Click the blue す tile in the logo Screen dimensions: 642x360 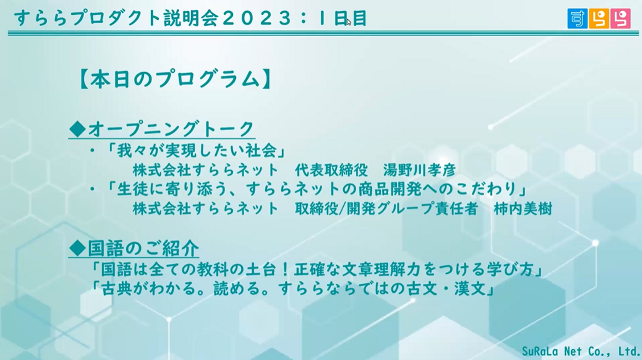point(577,19)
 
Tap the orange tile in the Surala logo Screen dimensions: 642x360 point(599,19)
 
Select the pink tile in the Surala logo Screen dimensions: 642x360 point(620,19)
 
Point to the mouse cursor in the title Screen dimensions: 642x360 point(349,22)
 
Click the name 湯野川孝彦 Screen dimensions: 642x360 point(419,170)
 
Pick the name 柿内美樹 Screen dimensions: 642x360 point(523,208)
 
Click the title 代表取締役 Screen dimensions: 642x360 point(331,170)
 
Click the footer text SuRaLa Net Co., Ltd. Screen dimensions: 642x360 point(580,351)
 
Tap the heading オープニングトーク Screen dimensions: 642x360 point(171,129)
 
